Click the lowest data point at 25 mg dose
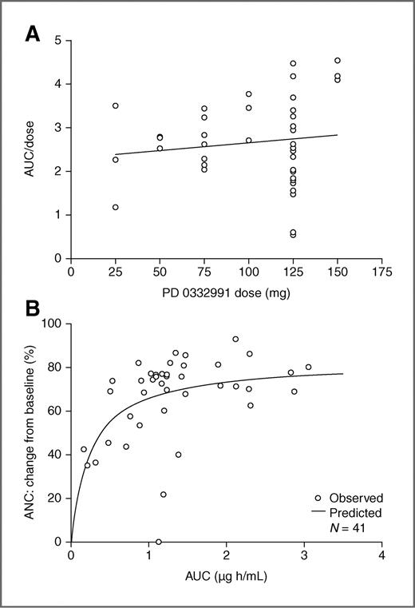pyautogui.click(x=116, y=207)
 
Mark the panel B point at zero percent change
pyautogui.click(x=159, y=542)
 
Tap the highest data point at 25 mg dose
pyautogui.click(x=116, y=105)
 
